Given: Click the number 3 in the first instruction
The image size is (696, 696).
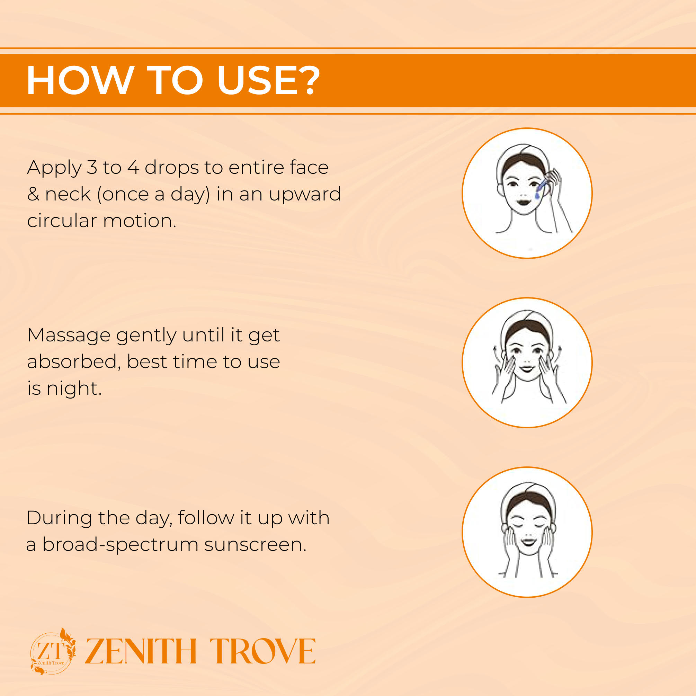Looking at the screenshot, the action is pyautogui.click(x=92, y=168).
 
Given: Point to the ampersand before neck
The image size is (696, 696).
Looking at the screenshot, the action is pyautogui.click(x=33, y=194).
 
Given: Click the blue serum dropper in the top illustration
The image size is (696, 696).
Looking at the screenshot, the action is pyautogui.click(x=541, y=188).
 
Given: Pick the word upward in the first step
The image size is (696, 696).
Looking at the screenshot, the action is pyautogui.click(x=305, y=195).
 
